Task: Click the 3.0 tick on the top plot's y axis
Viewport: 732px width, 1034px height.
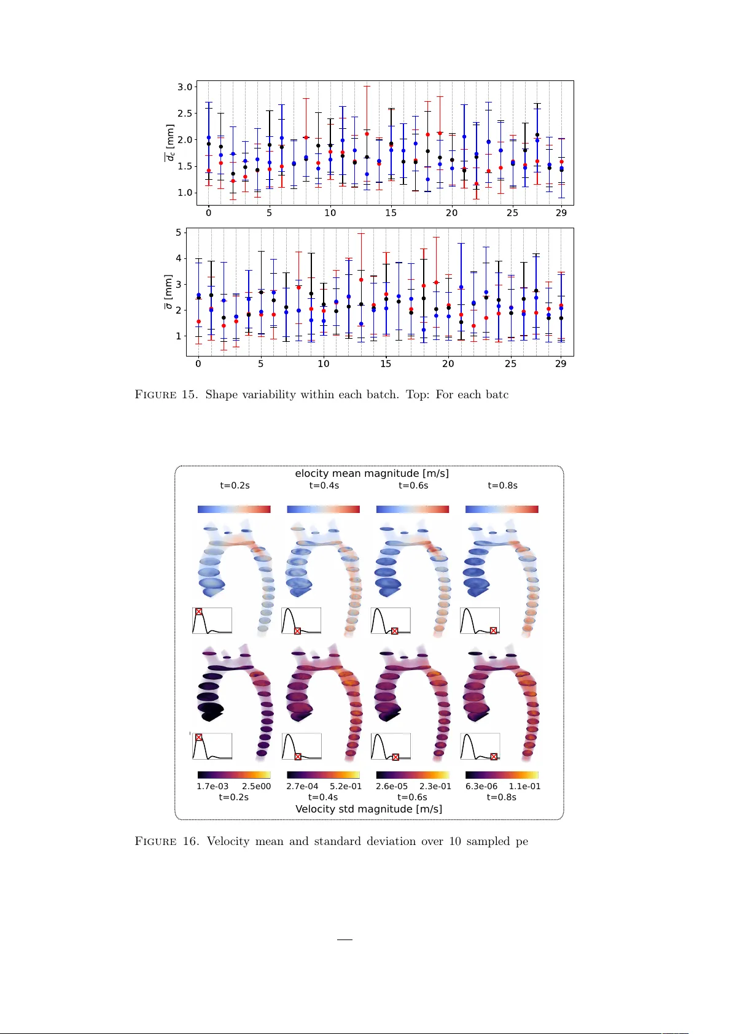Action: click(x=185, y=87)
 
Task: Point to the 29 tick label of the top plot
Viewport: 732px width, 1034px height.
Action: click(x=561, y=213)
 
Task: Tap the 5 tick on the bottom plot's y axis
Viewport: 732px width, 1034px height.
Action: click(x=179, y=233)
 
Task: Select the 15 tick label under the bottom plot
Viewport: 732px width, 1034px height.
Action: click(x=386, y=364)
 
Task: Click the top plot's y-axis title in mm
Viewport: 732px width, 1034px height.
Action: click(x=169, y=143)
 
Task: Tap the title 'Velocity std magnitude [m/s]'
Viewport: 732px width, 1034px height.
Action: click(x=368, y=809)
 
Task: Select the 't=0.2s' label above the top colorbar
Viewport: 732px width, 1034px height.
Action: click(x=235, y=485)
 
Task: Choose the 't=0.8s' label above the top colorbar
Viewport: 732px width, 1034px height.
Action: click(x=502, y=485)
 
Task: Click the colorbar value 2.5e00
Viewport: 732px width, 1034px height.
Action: click(x=256, y=786)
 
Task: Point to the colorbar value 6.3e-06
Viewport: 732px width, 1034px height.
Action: click(x=481, y=786)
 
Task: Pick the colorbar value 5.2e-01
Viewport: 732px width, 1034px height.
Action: click(x=346, y=786)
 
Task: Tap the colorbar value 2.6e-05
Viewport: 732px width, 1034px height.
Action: click(x=392, y=786)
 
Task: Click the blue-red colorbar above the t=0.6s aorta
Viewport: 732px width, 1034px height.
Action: click(x=412, y=509)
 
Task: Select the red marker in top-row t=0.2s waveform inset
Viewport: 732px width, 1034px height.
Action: click(x=198, y=612)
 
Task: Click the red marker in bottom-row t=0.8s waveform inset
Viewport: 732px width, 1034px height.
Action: click(x=494, y=757)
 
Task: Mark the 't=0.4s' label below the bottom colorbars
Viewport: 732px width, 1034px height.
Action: click(x=323, y=797)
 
